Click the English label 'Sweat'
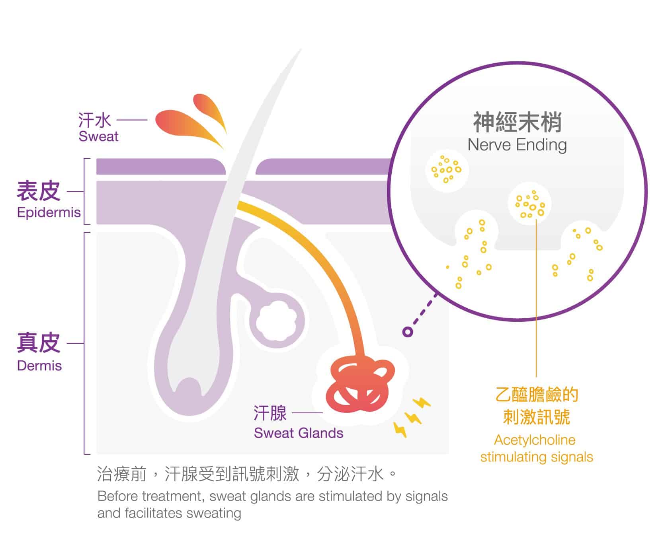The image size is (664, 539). click(x=98, y=136)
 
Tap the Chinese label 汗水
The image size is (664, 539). click(x=94, y=119)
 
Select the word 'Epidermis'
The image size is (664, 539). click(x=49, y=212)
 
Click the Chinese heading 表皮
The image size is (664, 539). click(x=38, y=191)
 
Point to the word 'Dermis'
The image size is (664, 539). click(x=39, y=366)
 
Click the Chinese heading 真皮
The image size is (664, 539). click(x=38, y=342)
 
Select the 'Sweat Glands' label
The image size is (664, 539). click(x=298, y=433)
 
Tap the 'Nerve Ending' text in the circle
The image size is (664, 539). click(x=517, y=145)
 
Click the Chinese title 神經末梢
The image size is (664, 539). click(x=517, y=122)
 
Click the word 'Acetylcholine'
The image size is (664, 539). click(x=535, y=440)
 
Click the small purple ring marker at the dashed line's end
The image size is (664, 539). click(x=407, y=331)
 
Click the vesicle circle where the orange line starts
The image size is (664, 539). click(x=529, y=204)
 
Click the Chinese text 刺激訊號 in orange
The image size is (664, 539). click(x=536, y=416)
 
